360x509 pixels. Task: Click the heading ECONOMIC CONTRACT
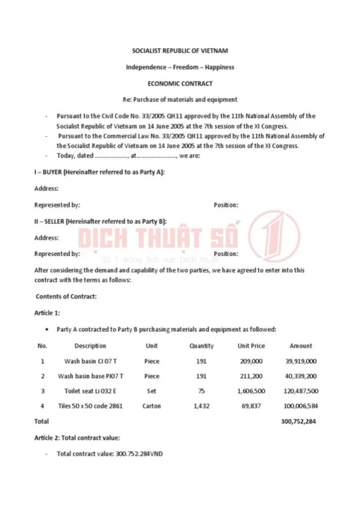[180, 84]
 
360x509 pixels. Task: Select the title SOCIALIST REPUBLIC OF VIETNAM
[180, 51]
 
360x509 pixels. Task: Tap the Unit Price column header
[251, 346]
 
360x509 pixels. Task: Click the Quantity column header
[202, 346]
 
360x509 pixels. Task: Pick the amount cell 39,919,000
[301, 362]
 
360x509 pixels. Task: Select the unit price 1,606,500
[251, 391]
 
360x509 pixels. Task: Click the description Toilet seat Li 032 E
[91, 391]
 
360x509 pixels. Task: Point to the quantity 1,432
[202, 406]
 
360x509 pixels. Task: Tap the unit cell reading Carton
[152, 406]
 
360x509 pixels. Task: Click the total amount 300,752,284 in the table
[299, 421]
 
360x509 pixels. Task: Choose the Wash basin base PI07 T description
[91, 377]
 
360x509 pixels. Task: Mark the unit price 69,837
[251, 406]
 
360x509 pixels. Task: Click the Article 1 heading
[47, 312]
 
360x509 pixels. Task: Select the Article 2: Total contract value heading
[77, 439]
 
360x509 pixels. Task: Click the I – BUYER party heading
[99, 172]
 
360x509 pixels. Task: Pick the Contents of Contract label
[66, 296]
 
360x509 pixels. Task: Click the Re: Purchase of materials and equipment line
[180, 100]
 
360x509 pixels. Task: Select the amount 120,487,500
[301, 391]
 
